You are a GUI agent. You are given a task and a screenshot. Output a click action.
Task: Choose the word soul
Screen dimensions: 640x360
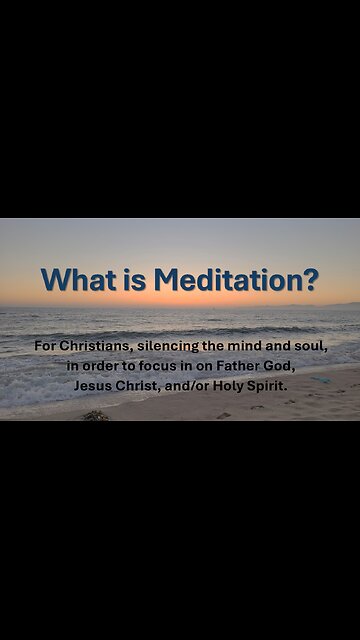point(310,347)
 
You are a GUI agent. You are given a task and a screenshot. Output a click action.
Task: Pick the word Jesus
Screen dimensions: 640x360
point(93,385)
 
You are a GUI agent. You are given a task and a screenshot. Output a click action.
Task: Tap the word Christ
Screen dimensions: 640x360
point(139,385)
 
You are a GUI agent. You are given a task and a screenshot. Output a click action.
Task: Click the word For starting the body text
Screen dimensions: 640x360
point(44,347)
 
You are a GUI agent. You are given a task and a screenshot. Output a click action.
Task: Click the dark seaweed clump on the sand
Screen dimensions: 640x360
point(95,414)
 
